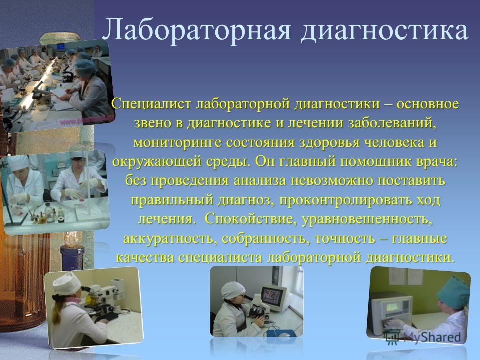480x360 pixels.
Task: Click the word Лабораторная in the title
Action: tap(196, 30)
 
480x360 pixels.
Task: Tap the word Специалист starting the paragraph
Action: tap(151, 104)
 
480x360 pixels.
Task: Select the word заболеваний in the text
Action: tap(392, 123)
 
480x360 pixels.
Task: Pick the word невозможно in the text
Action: tap(331, 180)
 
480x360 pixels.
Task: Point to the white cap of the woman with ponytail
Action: tap(66, 284)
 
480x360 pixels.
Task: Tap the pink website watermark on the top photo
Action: tap(86, 120)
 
